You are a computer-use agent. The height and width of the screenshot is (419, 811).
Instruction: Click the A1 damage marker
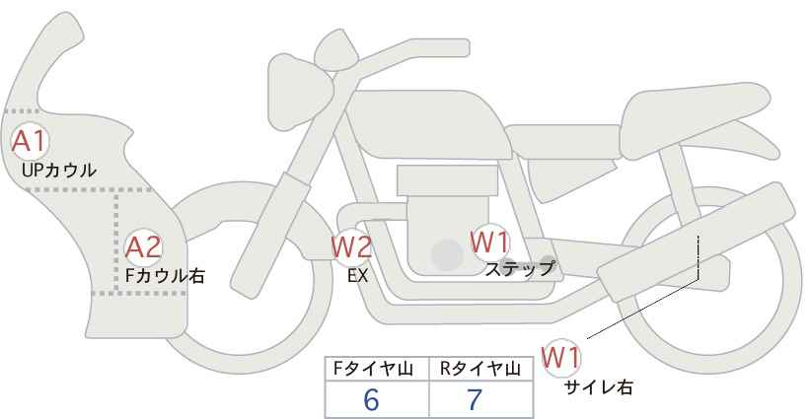(29, 141)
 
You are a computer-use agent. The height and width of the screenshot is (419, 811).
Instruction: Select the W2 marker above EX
(351, 247)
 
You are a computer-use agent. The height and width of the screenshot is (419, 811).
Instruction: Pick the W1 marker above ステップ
(489, 242)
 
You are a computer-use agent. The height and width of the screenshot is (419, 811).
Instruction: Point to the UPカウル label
(58, 171)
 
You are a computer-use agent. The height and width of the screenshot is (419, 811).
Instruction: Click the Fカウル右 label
(165, 276)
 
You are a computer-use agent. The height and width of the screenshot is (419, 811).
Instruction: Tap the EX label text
(357, 276)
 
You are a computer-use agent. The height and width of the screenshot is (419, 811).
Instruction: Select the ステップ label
(520, 267)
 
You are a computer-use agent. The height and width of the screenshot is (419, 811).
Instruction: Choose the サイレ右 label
(598, 387)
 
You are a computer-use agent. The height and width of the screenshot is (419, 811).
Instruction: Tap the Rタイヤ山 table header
(480, 369)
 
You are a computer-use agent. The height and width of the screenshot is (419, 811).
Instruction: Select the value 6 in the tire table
(371, 399)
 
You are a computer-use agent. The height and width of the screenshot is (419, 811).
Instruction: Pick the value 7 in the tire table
(476, 399)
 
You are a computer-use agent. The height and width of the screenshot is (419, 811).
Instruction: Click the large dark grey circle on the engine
(446, 255)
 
